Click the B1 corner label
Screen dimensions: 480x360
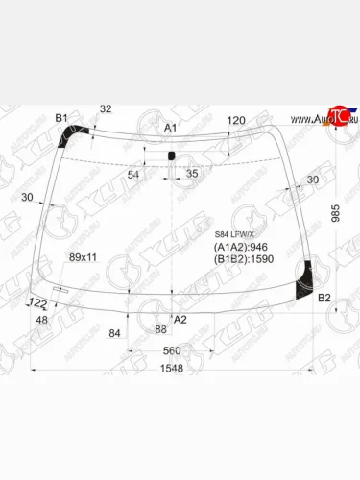(x=63, y=117)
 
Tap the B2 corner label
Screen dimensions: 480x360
(x=324, y=298)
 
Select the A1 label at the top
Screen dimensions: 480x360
(x=170, y=128)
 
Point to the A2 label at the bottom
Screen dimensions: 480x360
(x=180, y=319)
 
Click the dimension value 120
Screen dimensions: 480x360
(x=236, y=120)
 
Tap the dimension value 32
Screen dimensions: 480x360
(x=106, y=108)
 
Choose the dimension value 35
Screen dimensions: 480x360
(x=192, y=174)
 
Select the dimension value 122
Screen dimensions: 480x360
(x=38, y=303)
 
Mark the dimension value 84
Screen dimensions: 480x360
(x=115, y=333)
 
